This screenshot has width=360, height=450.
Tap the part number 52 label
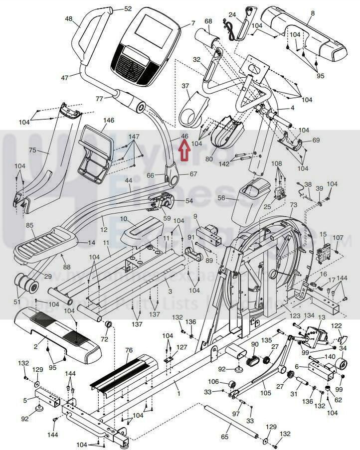pyautogui.click(x=128, y=9)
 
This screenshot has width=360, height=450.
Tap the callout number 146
pyautogui.click(x=109, y=121)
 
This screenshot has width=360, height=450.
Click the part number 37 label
pyautogui.click(x=185, y=86)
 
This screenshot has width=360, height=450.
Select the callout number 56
pyautogui.click(x=221, y=198)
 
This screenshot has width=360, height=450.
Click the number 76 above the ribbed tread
pyautogui.click(x=129, y=350)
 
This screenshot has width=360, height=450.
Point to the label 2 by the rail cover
pyautogui.click(x=35, y=346)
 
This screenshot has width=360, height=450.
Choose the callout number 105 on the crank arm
pyautogui.click(x=265, y=393)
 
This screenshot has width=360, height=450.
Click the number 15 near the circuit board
pyautogui.click(x=323, y=234)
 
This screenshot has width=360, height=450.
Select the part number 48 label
pyautogui.click(x=68, y=19)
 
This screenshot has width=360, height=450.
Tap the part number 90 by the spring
pyautogui.click(x=255, y=345)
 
